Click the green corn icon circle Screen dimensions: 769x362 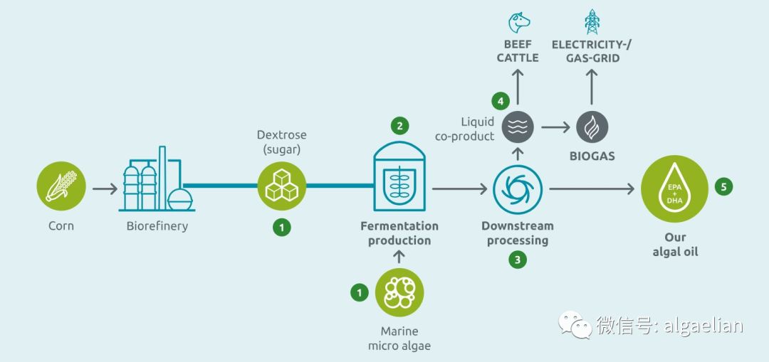pyautogui.click(x=61, y=186)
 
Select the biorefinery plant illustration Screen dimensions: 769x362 pyautogui.click(x=157, y=179)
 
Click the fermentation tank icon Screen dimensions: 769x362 pyautogui.click(x=399, y=176)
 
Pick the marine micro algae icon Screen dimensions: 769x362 pyautogui.click(x=399, y=293)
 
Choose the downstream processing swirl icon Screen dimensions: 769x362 pyautogui.click(x=518, y=188)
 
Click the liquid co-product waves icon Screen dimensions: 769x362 pyautogui.click(x=518, y=127)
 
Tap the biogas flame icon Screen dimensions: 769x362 pyautogui.click(x=592, y=127)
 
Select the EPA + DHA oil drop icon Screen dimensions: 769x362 pyautogui.click(x=674, y=188)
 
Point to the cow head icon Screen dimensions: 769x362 pyautogui.click(x=519, y=23)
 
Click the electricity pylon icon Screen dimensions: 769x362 pyautogui.click(x=592, y=21)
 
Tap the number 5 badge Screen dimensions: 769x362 pyautogui.click(x=723, y=186)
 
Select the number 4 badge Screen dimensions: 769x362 pyautogui.click(x=501, y=102)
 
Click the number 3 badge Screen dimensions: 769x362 pyautogui.click(x=518, y=260)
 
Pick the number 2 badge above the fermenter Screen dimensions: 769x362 pyautogui.click(x=399, y=126)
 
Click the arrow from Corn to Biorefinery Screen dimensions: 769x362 pyautogui.click(x=105, y=188)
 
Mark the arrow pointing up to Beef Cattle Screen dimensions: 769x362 pyautogui.click(x=518, y=87)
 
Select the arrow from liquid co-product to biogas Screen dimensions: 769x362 pyautogui.click(x=555, y=127)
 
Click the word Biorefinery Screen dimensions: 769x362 pyautogui.click(x=157, y=226)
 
